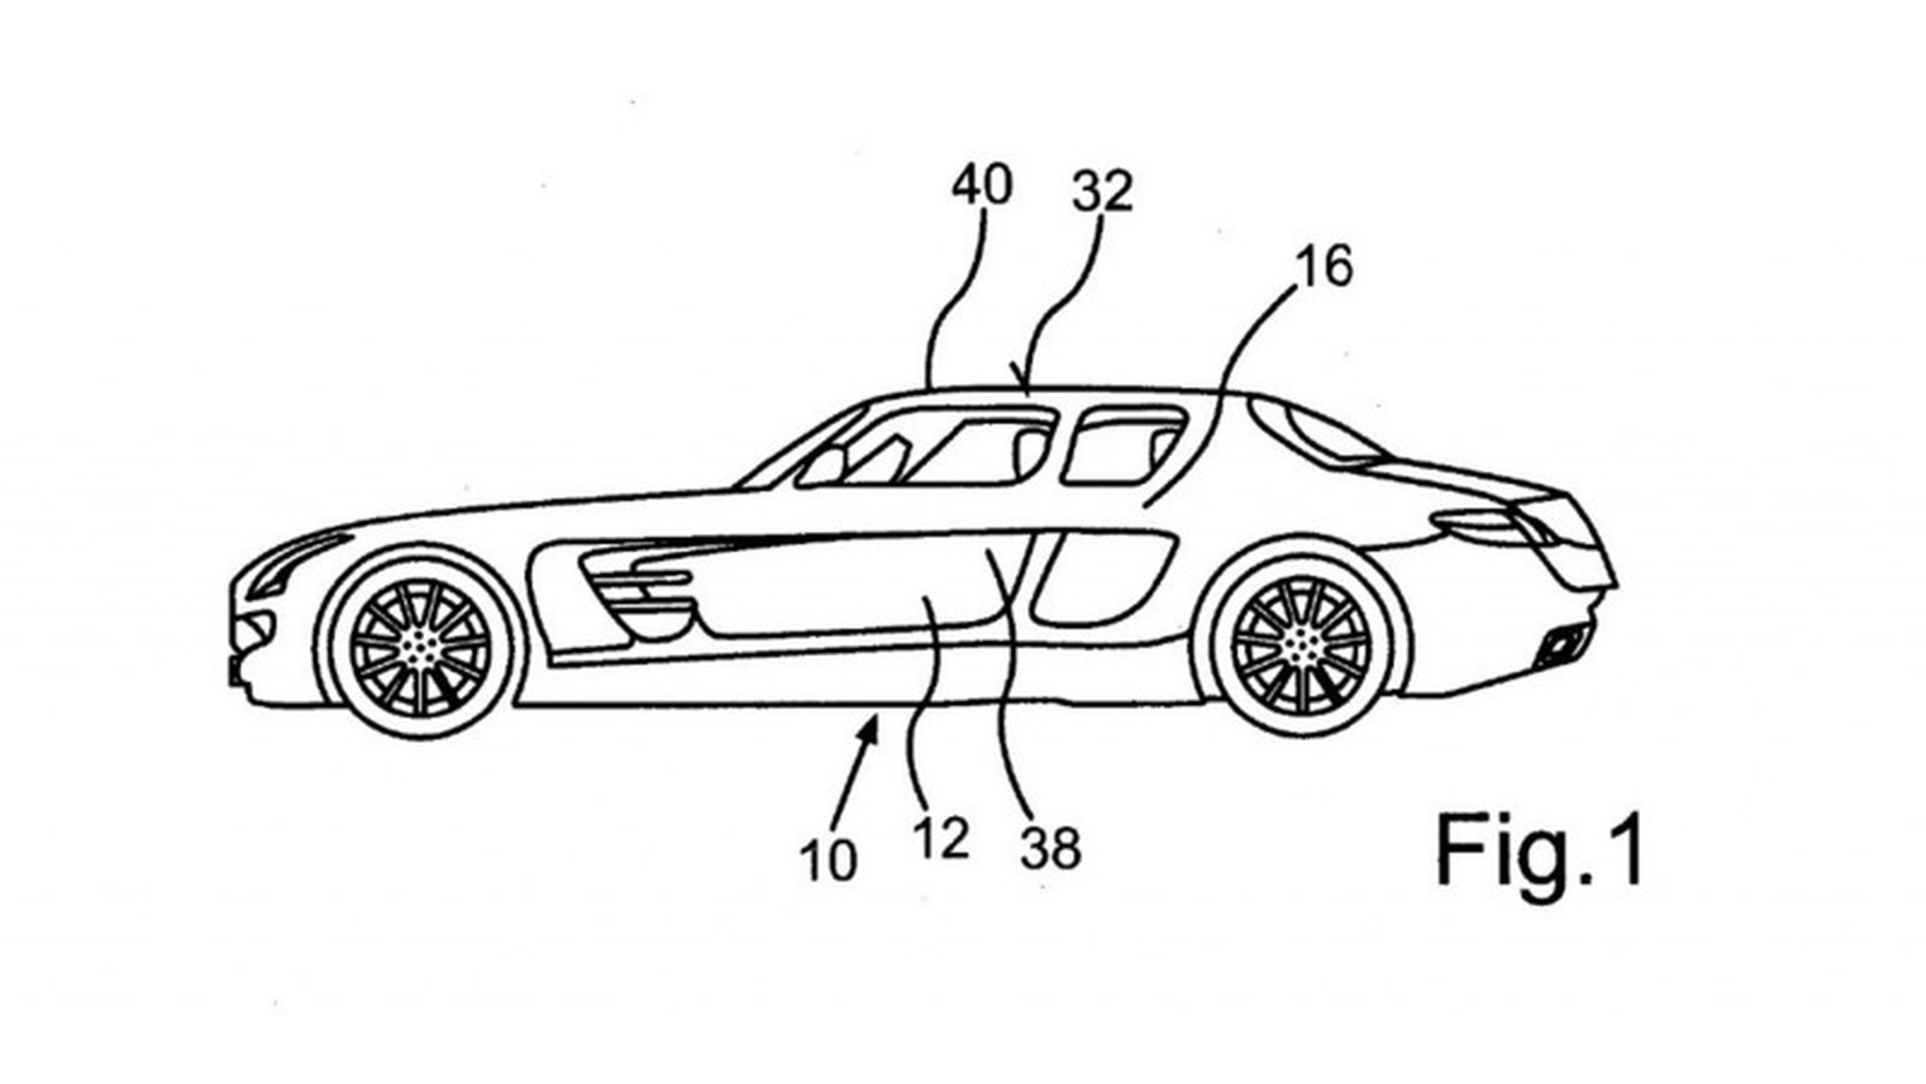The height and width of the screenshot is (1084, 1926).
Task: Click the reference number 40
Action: pyautogui.click(x=982, y=185)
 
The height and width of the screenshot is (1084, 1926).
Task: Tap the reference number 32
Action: pyautogui.click(x=1102, y=192)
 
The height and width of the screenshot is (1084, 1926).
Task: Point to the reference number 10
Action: pyautogui.click(x=829, y=860)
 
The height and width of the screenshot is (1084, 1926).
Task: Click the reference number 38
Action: pyautogui.click(x=1050, y=849)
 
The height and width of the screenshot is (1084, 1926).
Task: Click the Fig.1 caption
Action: pyautogui.click(x=1539, y=852)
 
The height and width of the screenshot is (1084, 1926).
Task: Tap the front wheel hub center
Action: pyautogui.click(x=418, y=646)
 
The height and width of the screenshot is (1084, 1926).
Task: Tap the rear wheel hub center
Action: pyautogui.click(x=1301, y=642)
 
